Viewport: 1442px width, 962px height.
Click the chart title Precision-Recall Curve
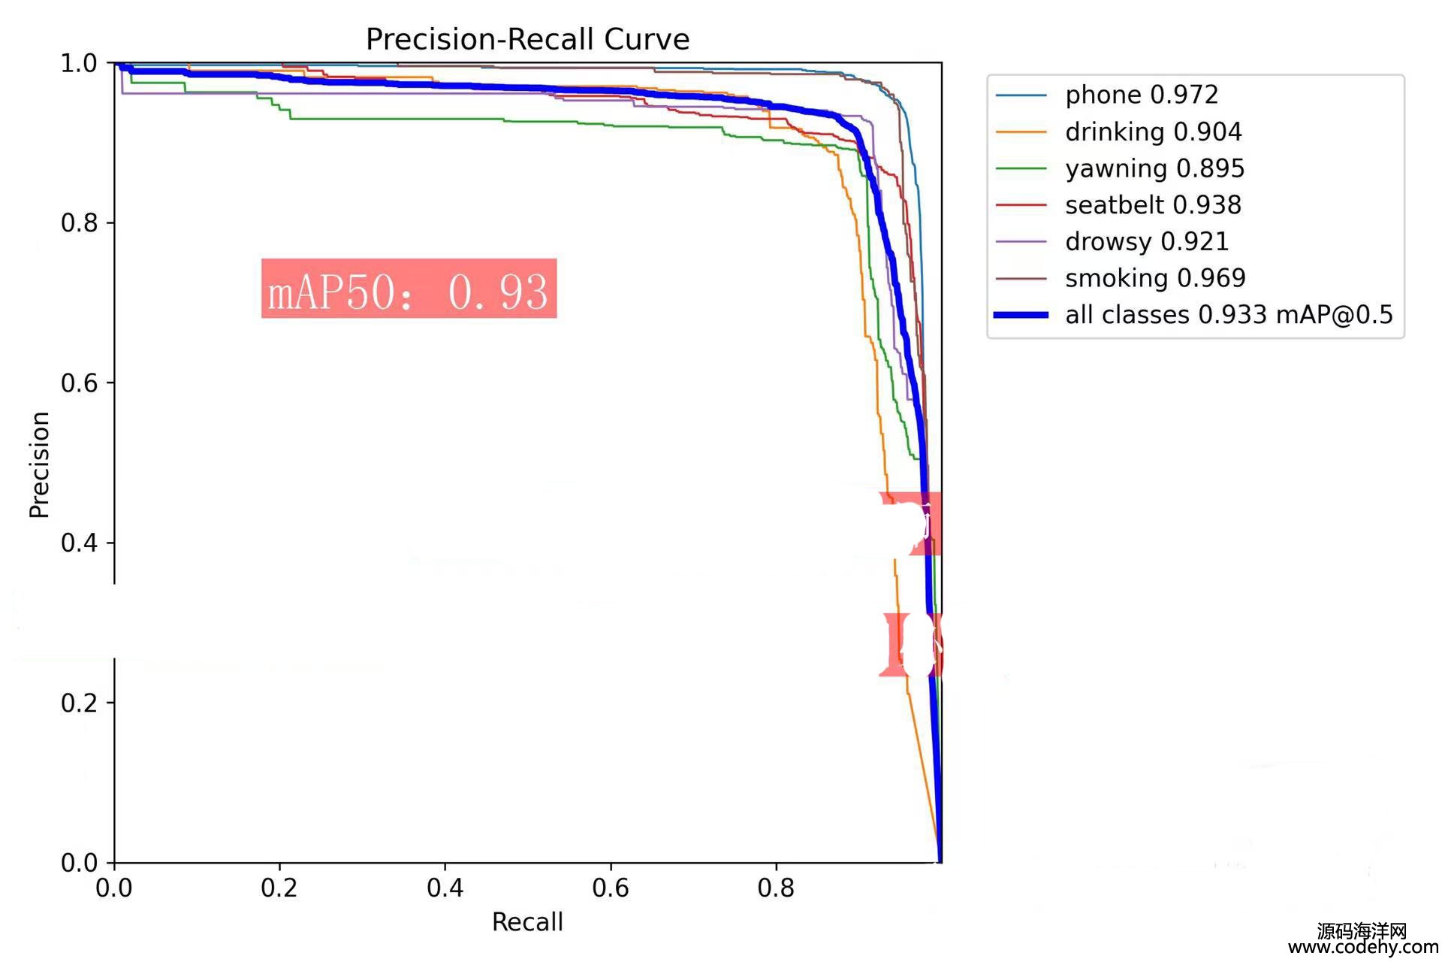pyautogui.click(x=527, y=39)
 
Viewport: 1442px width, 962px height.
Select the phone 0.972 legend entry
pyautogui.click(x=1141, y=95)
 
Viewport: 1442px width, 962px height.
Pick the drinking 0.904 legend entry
pyautogui.click(x=1153, y=132)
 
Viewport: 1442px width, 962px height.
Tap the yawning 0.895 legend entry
pyautogui.click(x=1154, y=168)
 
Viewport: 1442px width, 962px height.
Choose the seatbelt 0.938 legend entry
pyautogui.click(x=1153, y=204)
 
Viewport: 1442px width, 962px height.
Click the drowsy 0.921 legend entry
pyautogui.click(x=1146, y=241)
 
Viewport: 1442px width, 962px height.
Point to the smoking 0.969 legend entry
pyautogui.click(x=1155, y=278)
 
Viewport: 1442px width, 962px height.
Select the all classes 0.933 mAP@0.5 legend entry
pyautogui.click(x=1229, y=314)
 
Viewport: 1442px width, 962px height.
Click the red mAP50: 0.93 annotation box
pyautogui.click(x=409, y=289)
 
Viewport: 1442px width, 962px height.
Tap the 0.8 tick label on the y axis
pyautogui.click(x=79, y=223)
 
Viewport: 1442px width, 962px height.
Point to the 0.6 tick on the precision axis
pyautogui.click(x=79, y=383)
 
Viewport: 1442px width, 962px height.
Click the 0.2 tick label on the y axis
pyautogui.click(x=79, y=703)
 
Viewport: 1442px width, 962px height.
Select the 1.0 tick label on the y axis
pyautogui.click(x=79, y=63)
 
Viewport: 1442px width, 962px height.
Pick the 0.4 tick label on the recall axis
pyautogui.click(x=445, y=888)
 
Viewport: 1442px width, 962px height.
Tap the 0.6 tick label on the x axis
pyautogui.click(x=610, y=888)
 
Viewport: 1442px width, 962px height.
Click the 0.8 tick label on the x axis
pyautogui.click(x=776, y=888)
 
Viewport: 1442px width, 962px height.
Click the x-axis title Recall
pyautogui.click(x=527, y=922)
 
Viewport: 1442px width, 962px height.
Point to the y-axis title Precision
pyautogui.click(x=39, y=464)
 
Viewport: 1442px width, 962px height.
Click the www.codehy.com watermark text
pyautogui.click(x=1363, y=948)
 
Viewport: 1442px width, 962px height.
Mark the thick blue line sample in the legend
pyautogui.click(x=1021, y=315)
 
